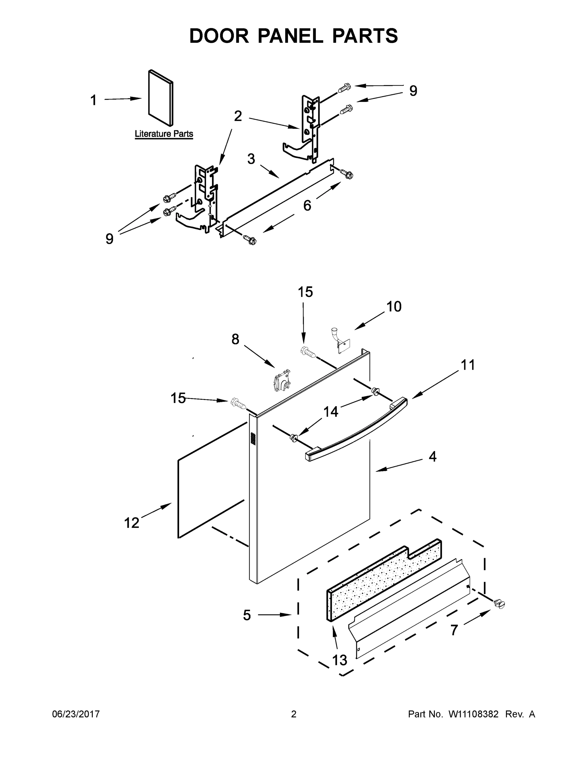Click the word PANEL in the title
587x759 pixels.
coord(290,36)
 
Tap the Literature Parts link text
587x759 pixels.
coord(164,134)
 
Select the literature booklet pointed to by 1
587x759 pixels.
coord(160,98)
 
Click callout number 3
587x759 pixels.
coord(251,159)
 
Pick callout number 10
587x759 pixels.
coord(394,306)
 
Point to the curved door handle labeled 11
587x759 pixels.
coord(358,430)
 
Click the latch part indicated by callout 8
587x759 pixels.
coord(281,382)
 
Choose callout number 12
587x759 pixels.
coord(131,523)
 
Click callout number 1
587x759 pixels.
coord(93,101)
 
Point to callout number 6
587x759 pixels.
coord(307,206)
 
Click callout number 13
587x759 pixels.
coord(340,660)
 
